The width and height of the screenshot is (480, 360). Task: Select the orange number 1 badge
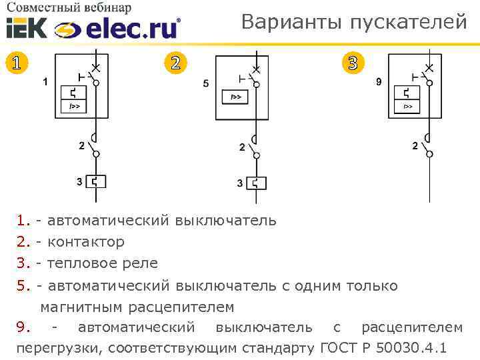(17, 63)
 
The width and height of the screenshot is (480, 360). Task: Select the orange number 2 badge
(175, 63)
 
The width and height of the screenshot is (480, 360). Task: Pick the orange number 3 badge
(353, 63)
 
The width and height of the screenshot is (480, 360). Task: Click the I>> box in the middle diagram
(235, 97)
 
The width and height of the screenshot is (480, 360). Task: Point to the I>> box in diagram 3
(407, 107)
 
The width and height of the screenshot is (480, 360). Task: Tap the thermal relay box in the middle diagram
(256, 182)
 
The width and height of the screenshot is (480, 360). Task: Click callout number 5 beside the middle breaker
(205, 83)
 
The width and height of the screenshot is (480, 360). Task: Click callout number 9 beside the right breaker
(379, 82)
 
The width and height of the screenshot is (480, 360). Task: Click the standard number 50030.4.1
(411, 348)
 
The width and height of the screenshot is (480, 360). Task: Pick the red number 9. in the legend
(23, 327)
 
